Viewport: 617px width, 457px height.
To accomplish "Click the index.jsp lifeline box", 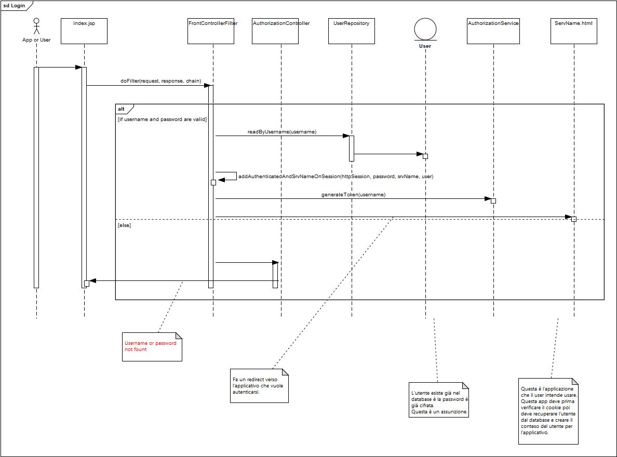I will pos(84,31).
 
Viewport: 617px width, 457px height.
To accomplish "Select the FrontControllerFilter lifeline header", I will pos(212,31).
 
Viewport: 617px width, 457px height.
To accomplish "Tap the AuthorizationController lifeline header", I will pos(281,31).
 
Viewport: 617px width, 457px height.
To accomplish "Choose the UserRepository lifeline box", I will pos(352,31).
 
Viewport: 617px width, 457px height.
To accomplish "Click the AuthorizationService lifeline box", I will pos(493,31).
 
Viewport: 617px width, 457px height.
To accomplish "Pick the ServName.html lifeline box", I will pos(573,31).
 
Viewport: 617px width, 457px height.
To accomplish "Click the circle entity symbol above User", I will pos(425,29).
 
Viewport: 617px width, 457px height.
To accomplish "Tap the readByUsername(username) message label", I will pos(282,132).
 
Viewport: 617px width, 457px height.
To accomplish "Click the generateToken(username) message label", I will pos(353,195).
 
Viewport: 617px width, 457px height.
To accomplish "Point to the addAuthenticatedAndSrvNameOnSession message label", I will pos(336,177).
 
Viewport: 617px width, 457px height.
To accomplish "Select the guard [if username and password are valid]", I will pos(162,119).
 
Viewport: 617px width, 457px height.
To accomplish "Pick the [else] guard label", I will pos(125,225).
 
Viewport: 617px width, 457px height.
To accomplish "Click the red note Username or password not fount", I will pos(152,346).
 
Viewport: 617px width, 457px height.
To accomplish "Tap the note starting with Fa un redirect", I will pos(259,385).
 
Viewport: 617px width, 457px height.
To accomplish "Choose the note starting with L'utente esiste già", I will pos(439,399).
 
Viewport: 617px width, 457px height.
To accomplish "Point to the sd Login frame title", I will pos(14,5).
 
